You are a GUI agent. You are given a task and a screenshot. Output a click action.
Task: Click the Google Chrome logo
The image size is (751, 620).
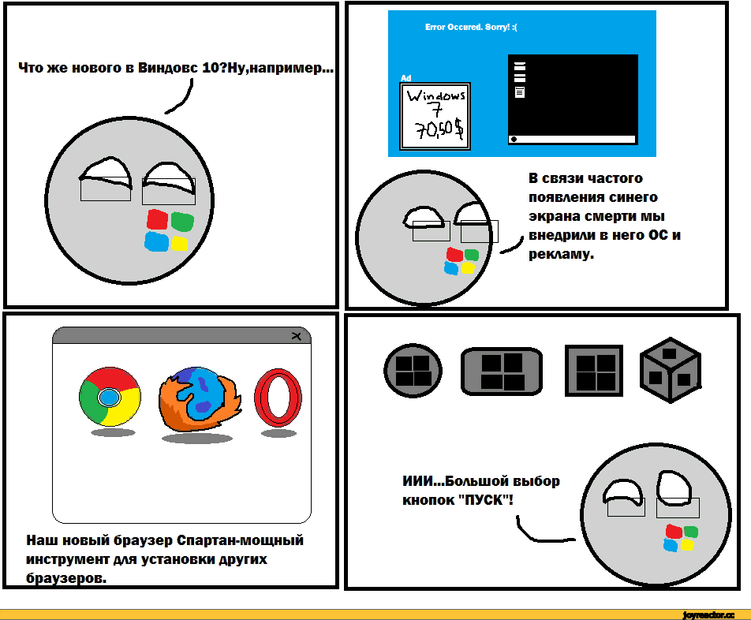(x=110, y=397)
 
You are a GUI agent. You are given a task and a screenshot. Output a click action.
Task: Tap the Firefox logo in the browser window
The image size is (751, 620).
(x=200, y=399)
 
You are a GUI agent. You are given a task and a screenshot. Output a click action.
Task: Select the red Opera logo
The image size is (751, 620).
(x=278, y=398)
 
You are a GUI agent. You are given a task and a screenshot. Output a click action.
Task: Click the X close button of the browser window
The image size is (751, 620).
(x=297, y=336)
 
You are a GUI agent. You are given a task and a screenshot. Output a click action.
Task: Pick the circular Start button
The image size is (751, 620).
(x=413, y=371)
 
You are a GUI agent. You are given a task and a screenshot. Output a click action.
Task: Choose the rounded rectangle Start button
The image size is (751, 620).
(x=502, y=371)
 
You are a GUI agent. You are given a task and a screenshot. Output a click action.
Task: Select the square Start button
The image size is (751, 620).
(x=594, y=371)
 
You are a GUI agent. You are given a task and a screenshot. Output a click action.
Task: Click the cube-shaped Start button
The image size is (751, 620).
(x=670, y=370)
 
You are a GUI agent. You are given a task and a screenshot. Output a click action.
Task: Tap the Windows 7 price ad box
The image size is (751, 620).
(x=435, y=116)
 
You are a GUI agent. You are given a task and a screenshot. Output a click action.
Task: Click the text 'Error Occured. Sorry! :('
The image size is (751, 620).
(x=471, y=28)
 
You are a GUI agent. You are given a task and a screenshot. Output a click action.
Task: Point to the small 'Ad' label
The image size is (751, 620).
(x=405, y=78)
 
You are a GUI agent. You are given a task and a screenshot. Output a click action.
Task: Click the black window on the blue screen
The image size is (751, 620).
(x=573, y=99)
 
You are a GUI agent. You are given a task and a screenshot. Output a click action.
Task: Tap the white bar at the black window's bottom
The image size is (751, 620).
(x=573, y=140)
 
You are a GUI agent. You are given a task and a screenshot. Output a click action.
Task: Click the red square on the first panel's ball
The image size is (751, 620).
(x=157, y=220)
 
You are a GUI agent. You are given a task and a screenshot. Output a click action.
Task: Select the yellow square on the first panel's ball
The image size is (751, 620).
(x=180, y=243)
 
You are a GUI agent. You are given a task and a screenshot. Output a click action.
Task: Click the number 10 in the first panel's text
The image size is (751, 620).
(x=211, y=68)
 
